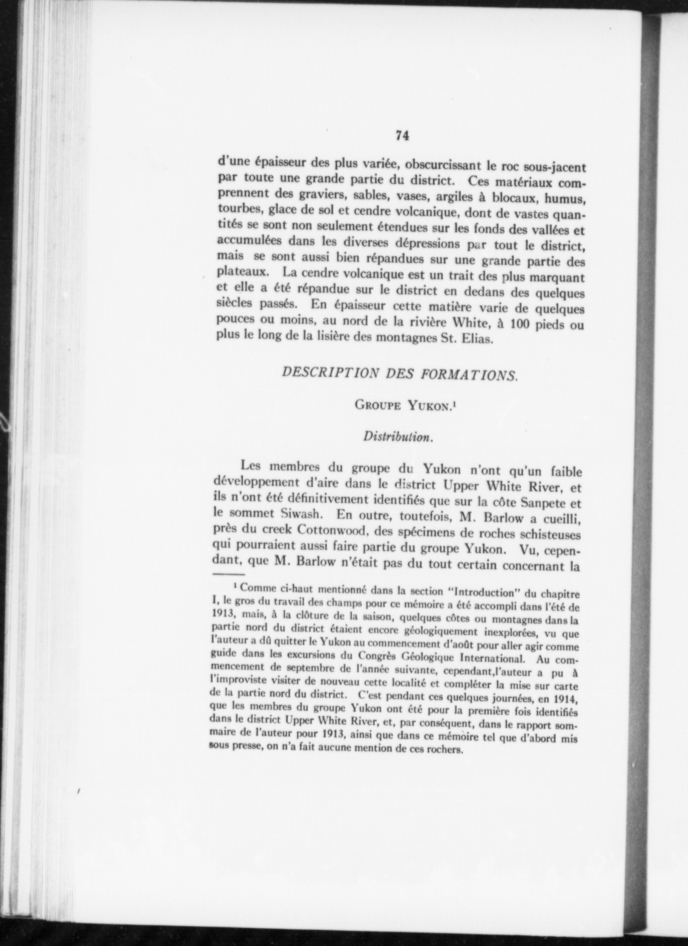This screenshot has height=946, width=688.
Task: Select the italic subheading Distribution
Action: click(398, 437)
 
